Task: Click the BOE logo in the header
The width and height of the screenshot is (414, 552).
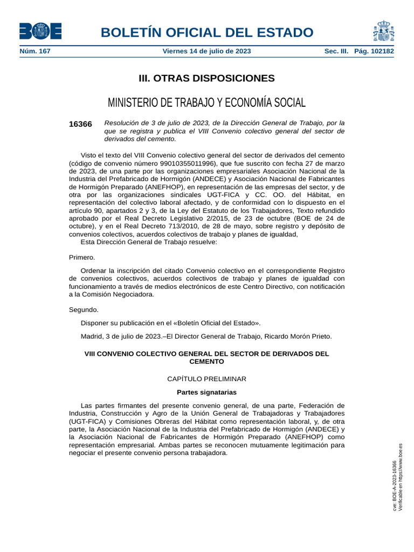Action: (x=40, y=31)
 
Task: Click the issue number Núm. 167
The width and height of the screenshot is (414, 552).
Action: (x=35, y=52)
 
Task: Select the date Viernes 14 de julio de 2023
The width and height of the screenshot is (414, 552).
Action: (x=206, y=52)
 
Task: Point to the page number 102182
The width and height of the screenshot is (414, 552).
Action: (x=382, y=52)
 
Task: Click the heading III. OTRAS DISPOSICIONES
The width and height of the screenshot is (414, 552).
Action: (x=206, y=79)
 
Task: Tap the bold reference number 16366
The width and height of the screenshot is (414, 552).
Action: (x=80, y=124)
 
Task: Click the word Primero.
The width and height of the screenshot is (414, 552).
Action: (x=82, y=257)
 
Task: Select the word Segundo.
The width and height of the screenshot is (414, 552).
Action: (x=84, y=310)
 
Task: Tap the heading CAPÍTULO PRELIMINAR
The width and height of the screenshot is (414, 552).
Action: (x=206, y=379)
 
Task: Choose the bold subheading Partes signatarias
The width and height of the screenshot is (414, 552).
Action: (x=206, y=392)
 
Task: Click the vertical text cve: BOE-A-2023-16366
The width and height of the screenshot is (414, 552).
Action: (x=395, y=485)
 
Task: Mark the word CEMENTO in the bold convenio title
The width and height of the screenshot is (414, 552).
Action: (x=206, y=362)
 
